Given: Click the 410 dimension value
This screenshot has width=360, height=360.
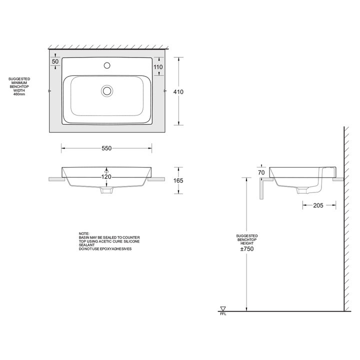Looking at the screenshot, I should pyautogui.click(x=178, y=91).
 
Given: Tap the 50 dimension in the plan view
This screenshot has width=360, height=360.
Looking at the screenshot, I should pyautogui.click(x=55, y=61).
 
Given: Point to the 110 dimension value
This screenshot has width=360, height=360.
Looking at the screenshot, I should pyautogui.click(x=159, y=66).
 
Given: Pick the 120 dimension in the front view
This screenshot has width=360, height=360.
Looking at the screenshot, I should pyautogui.click(x=106, y=176).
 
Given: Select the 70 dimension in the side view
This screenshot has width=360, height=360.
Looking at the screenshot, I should pyautogui.click(x=261, y=172).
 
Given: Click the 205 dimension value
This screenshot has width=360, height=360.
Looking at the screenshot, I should pyautogui.click(x=318, y=205).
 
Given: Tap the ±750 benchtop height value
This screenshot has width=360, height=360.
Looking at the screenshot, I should pyautogui.click(x=247, y=249).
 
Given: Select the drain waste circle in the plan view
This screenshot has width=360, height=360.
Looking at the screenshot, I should pyautogui.click(x=106, y=90).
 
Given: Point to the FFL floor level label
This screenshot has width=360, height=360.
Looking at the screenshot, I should pyautogui.click(x=223, y=314).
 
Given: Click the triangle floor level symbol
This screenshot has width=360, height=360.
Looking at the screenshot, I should pyautogui.click(x=223, y=308).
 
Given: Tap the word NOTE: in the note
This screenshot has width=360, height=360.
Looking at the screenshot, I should pyautogui.click(x=84, y=233).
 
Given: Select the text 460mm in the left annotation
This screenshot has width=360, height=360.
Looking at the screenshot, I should pyautogui.click(x=19, y=95).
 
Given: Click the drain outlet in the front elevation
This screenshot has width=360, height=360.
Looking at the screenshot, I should pyautogui.click(x=106, y=190).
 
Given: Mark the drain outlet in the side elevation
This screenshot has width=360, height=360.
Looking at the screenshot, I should pyautogui.click(x=301, y=190).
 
